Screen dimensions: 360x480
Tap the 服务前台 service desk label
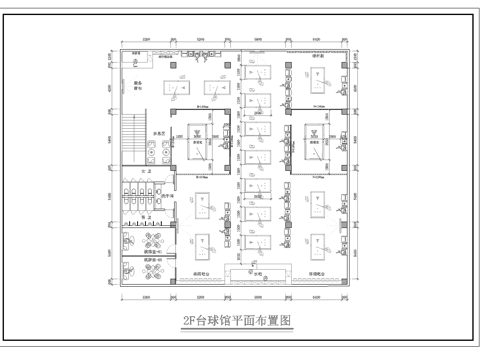[x=139, y=86]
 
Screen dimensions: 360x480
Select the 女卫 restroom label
[x=144, y=174]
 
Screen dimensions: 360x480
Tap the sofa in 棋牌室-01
[x=129, y=240]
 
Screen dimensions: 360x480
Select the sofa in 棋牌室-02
[x=129, y=271]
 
